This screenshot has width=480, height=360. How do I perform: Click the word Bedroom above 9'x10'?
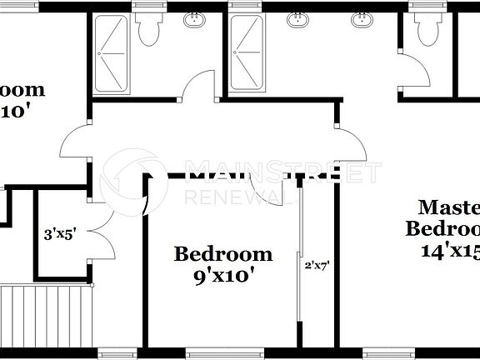222,254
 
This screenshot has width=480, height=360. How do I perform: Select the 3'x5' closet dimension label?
60,235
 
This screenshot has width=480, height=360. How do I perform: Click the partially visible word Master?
448,207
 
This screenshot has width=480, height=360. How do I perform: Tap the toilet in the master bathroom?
425,32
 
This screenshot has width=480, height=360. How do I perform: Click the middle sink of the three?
297,18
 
